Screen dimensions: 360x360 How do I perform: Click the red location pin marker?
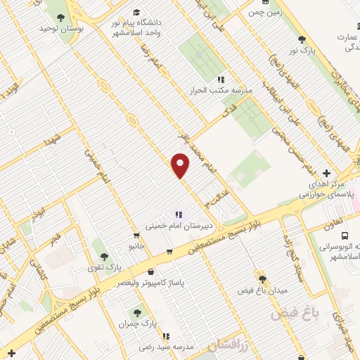pos(181,165)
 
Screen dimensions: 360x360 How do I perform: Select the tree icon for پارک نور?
pos(302,40)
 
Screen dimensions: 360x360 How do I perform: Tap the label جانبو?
pos(136,247)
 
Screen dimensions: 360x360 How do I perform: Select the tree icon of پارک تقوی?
pos(104,257)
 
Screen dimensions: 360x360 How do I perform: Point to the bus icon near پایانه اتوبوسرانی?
pos(345,236)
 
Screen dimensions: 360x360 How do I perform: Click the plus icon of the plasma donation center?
pos(326,173)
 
